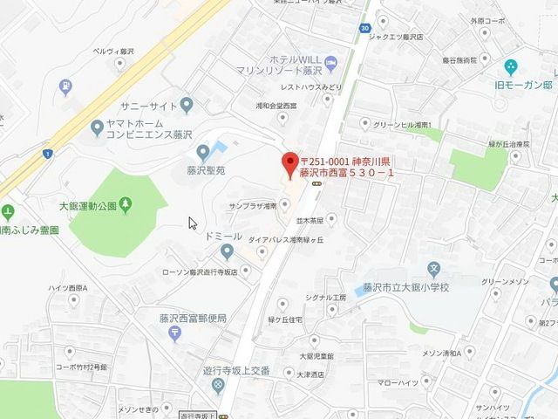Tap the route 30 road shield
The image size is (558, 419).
[x=363, y=27]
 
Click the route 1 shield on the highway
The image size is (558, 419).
[x=49, y=154]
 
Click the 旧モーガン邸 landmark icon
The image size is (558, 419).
[x=511, y=67]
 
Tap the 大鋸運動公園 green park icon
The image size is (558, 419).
[x=127, y=204]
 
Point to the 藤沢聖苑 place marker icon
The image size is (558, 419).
[x=203, y=152]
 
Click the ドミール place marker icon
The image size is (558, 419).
[x=228, y=252]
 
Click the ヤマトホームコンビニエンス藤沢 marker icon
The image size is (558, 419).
[x=97, y=129]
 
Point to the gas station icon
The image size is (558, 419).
[x=66, y=86]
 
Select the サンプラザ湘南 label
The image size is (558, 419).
[x=250, y=206]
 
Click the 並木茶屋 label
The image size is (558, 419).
[x=310, y=221]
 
